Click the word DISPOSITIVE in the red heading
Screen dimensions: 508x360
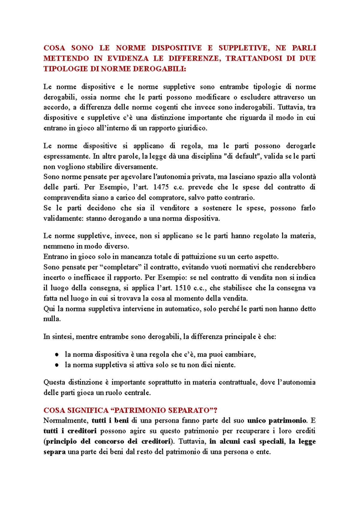pos(176,48)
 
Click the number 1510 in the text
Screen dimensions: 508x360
pos(183,288)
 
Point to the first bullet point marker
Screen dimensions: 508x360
pos(56,355)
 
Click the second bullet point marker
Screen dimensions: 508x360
pos(56,365)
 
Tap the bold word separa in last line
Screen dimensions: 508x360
pos(54,452)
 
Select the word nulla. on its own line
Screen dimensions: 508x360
pos(52,319)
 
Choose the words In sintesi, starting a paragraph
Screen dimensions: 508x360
pos(58,336)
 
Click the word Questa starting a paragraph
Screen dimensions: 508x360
pos(54,382)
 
